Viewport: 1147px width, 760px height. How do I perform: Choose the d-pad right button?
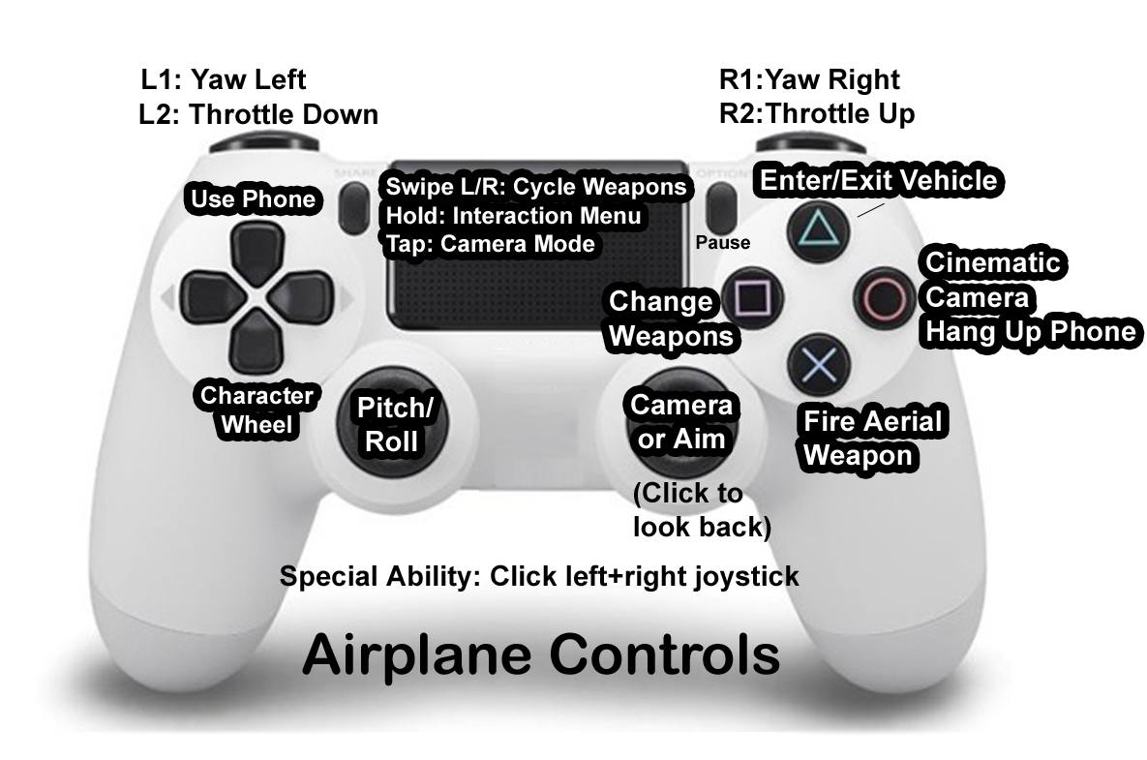[306, 292]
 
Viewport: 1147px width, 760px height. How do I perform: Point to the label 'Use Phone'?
[253, 199]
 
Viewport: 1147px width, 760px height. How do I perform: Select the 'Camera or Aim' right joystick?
[680, 422]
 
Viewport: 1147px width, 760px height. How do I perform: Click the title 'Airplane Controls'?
[541, 655]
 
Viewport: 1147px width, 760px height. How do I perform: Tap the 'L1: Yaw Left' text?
[223, 79]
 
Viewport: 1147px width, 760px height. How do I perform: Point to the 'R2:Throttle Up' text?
[817, 114]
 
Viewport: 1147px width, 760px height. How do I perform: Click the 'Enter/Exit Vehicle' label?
[878, 180]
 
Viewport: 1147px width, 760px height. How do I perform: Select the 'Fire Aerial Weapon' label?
[872, 438]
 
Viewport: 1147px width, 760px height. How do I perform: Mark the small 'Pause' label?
[722, 243]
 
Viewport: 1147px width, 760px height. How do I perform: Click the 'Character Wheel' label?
[257, 410]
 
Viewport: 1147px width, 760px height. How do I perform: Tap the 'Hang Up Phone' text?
[1030, 332]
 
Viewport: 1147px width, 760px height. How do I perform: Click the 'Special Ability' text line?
[539, 576]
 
